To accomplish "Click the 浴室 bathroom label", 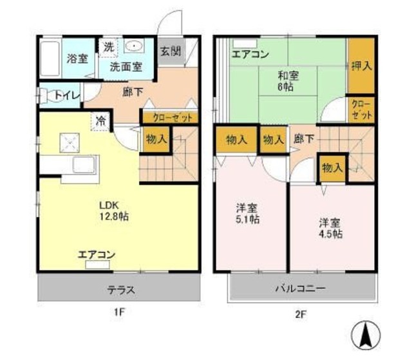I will tap(77, 59).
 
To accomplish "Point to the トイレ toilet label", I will tap(66, 95).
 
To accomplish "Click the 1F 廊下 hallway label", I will tap(132, 91).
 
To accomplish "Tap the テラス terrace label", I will tap(120, 290).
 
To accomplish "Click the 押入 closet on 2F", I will tap(360, 66).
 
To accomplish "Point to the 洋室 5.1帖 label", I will tap(247, 213).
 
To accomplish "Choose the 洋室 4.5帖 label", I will tap(330, 229).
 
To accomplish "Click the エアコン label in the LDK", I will tap(97, 254).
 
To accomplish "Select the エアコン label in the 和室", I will tap(250, 53).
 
